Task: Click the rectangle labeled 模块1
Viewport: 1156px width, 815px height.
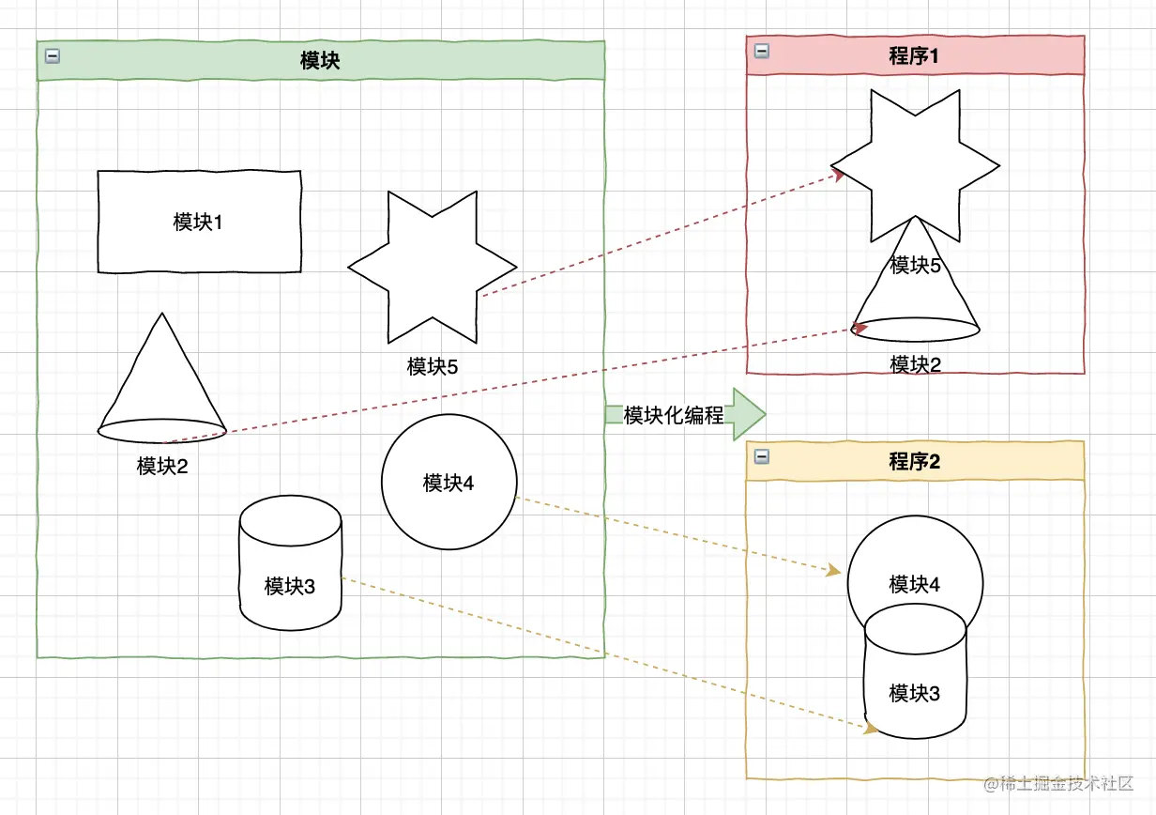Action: pyautogui.click(x=199, y=223)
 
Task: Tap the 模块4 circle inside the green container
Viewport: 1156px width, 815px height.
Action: pyautogui.click(x=449, y=483)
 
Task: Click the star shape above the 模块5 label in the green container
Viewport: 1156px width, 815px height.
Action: pyautogui.click(x=433, y=267)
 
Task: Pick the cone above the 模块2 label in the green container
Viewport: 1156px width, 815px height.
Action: pyautogui.click(x=162, y=385)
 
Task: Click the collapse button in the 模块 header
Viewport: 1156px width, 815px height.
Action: pyautogui.click(x=53, y=57)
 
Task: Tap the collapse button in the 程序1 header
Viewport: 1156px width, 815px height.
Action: pyautogui.click(x=762, y=51)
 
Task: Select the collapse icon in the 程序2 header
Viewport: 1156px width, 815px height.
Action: pyautogui.click(x=762, y=456)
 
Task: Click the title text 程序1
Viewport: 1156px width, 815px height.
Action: pyautogui.click(x=914, y=56)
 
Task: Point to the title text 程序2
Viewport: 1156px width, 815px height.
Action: pyautogui.click(x=914, y=462)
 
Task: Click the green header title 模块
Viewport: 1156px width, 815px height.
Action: pyautogui.click(x=319, y=61)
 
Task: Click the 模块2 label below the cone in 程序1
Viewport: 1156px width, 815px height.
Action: pyautogui.click(x=915, y=364)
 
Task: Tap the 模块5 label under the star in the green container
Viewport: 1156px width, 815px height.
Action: pyautogui.click(x=433, y=367)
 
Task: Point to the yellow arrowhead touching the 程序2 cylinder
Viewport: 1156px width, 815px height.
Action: pyautogui.click(x=871, y=728)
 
